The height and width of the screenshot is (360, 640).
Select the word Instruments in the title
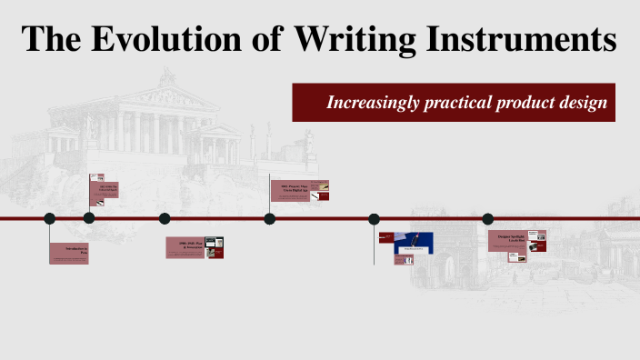coord(521,41)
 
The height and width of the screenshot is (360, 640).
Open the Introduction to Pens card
coord(70,253)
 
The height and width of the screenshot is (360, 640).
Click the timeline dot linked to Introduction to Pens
coord(50,218)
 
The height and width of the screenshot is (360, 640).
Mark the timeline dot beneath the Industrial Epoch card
coord(89,218)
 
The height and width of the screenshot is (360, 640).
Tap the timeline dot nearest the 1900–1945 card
coord(165,218)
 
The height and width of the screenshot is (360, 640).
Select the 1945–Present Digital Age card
coord(299,190)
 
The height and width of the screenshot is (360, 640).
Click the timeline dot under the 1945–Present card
coord(270,218)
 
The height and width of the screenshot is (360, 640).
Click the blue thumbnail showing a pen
coord(414,243)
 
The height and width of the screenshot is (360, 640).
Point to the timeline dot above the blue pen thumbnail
coord(374,218)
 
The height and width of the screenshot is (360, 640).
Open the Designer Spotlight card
coord(516,241)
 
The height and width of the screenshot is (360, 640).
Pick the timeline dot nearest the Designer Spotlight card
coord(488,218)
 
